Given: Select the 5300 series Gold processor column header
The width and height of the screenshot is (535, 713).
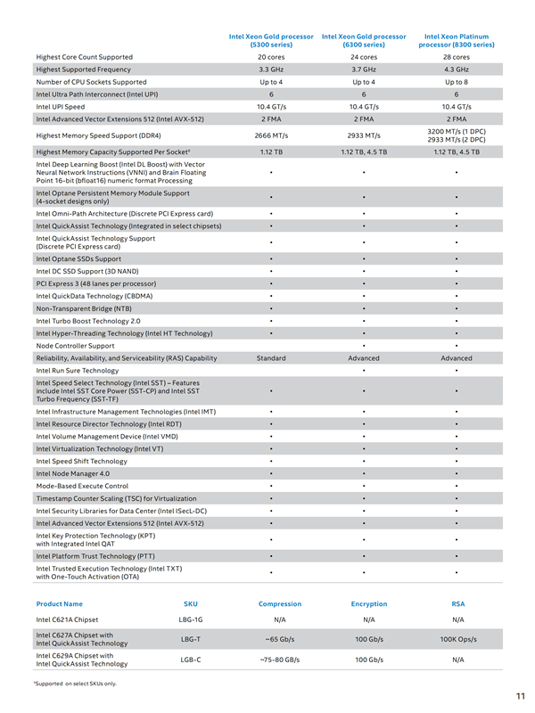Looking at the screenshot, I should (270, 40).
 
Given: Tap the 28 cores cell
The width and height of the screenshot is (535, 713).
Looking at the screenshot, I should (456, 57).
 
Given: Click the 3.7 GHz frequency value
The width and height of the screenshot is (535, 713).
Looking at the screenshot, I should (363, 69).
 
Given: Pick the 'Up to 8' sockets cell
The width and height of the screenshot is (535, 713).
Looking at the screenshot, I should (456, 81).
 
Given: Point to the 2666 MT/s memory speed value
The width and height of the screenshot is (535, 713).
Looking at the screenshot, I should (270, 135).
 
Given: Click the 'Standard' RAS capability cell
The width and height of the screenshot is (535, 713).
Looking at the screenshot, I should (270, 358).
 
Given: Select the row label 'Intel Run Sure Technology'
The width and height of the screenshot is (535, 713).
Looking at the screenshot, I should (77, 370).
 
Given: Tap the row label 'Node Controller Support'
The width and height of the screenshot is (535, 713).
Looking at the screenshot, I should (75, 346).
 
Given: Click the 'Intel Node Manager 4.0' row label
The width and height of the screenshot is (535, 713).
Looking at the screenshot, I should (72, 473).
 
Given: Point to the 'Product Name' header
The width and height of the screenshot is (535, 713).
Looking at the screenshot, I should (59, 603).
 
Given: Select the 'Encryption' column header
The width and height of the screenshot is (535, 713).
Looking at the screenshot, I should (369, 603).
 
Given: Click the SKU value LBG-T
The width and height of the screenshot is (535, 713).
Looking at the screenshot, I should (191, 639).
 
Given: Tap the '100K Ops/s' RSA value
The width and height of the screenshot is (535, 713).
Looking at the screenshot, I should (458, 639).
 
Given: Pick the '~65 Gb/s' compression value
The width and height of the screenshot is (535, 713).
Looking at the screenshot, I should (280, 639).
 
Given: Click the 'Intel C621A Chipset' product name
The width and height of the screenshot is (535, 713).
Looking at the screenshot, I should (68, 619).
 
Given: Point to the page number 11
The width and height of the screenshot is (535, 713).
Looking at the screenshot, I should (520, 696).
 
